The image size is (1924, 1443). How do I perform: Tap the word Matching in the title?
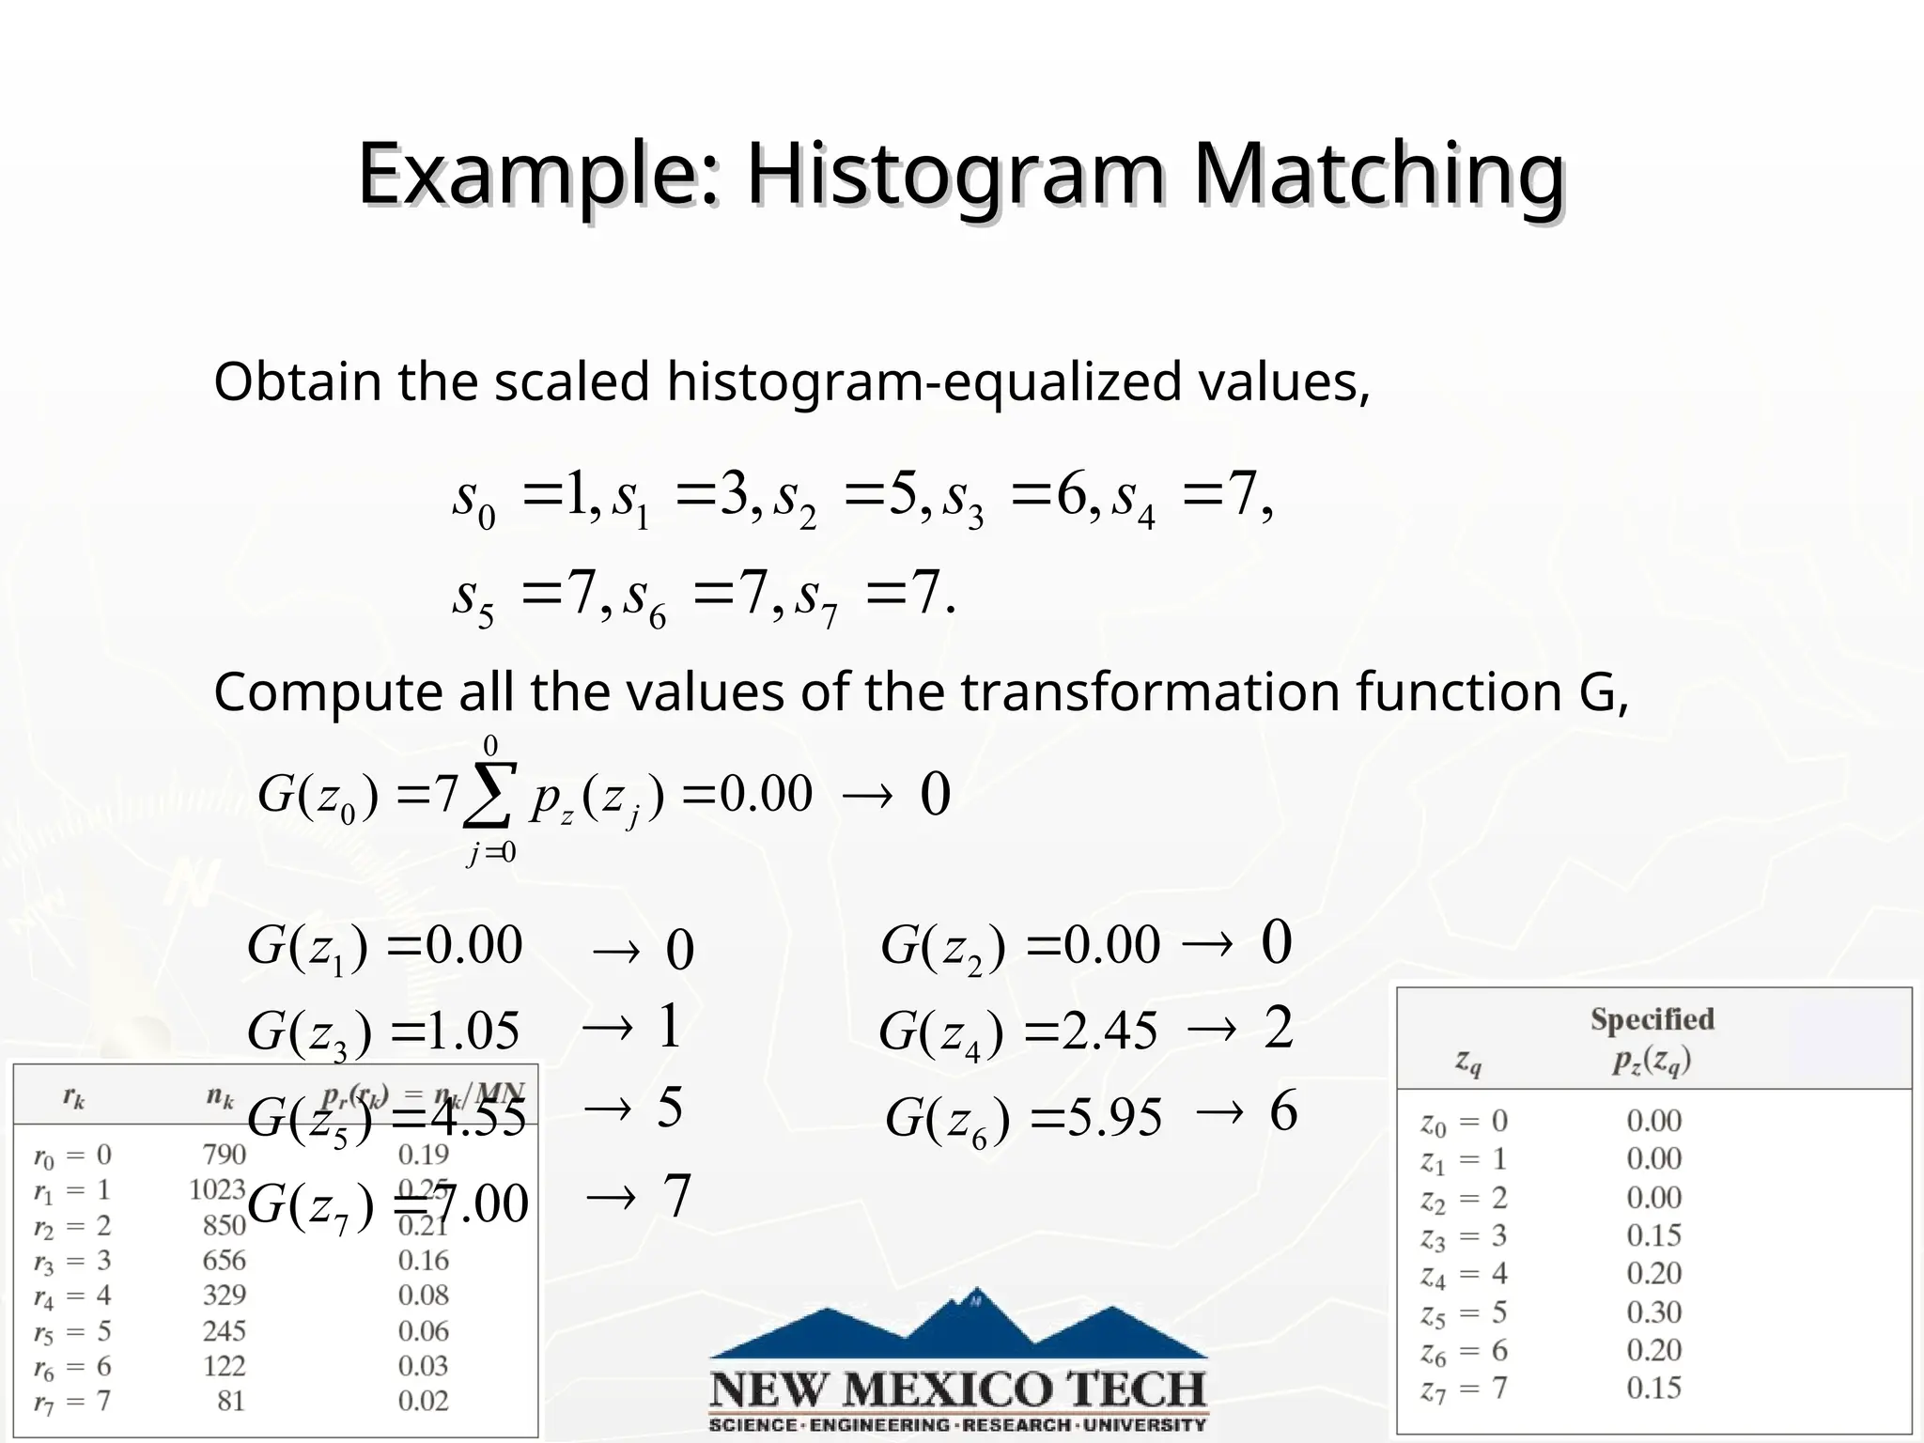[x=1379, y=175]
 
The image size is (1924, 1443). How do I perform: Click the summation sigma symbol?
[x=489, y=796]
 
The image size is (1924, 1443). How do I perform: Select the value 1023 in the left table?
[x=217, y=1190]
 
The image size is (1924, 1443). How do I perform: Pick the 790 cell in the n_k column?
[x=225, y=1155]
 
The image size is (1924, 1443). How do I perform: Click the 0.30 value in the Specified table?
[x=1653, y=1312]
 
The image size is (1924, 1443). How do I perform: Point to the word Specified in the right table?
[x=1652, y=1019]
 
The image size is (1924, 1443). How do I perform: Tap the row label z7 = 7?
[x=1464, y=1389]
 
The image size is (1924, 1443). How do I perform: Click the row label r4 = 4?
[x=72, y=1296]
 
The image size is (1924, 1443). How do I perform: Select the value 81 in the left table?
[x=230, y=1402]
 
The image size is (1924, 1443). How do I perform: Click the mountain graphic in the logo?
[x=958, y=1325]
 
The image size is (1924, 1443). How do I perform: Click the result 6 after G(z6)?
[x=1283, y=1111]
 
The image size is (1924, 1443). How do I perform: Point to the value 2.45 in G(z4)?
[x=1110, y=1032]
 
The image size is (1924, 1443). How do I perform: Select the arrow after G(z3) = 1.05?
[x=608, y=1029]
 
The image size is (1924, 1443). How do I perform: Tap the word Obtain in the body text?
[x=298, y=382]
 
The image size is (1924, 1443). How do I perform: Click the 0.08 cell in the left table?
[x=424, y=1296]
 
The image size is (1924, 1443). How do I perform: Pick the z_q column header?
[x=1468, y=1062]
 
